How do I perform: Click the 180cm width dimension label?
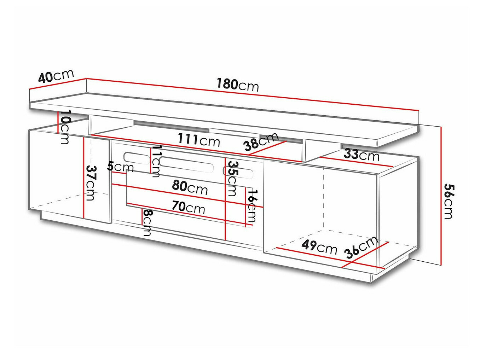[237, 85]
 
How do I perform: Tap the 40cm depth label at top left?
[56, 76]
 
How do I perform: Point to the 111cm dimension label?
[198, 140]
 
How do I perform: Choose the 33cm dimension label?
[361, 155]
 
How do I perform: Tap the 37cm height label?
[91, 182]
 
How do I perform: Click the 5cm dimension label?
[120, 166]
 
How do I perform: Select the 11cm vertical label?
[156, 161]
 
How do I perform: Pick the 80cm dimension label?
[190, 187]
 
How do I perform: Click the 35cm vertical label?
[232, 178]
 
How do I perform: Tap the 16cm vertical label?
[252, 205]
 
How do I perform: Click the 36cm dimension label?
[361, 248]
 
